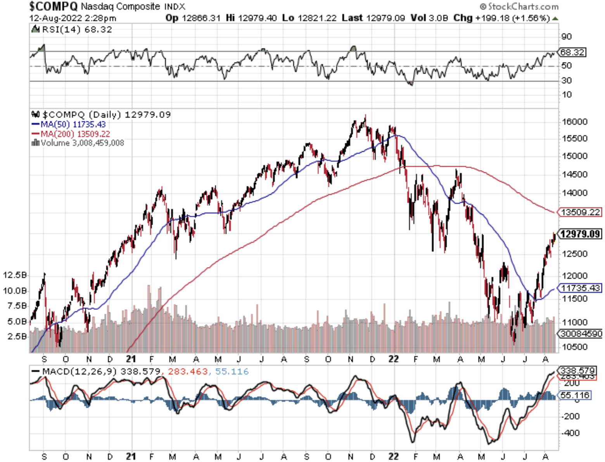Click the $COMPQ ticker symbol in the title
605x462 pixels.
[53, 7]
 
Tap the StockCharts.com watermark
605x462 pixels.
[519, 7]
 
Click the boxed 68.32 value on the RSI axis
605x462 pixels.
[572, 52]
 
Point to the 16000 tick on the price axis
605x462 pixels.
[574, 122]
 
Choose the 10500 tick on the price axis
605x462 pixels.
[574, 347]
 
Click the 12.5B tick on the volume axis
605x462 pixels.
[15, 275]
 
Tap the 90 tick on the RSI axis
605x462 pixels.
[566, 36]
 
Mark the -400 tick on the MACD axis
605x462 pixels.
[570, 433]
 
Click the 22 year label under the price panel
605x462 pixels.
[394, 359]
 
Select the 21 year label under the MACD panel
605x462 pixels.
[131, 456]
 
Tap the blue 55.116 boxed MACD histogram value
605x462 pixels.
[575, 395]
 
